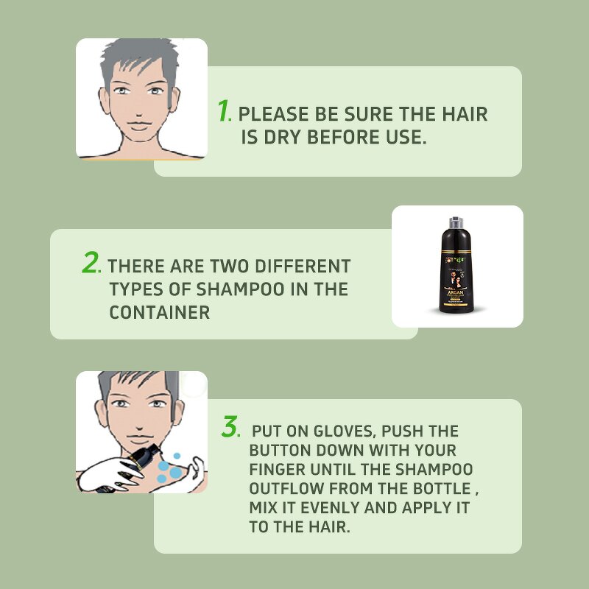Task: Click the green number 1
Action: [x=224, y=110]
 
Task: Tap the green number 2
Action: [x=91, y=263]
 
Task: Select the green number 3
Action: [x=230, y=427]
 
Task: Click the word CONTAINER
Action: [x=160, y=312]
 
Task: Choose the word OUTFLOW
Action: [x=281, y=489]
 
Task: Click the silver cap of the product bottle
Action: [x=457, y=223]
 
